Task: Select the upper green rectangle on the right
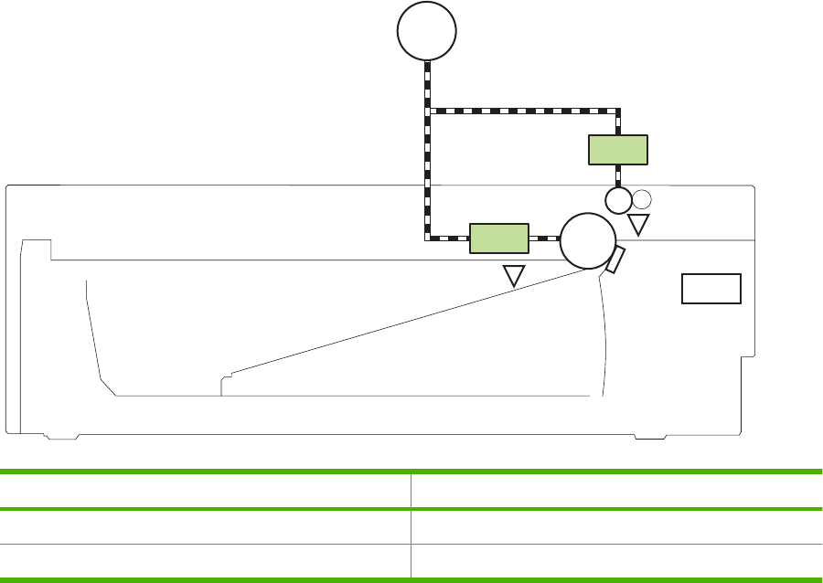[617, 149]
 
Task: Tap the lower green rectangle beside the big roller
[499, 238]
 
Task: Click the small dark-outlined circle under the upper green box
[619, 199]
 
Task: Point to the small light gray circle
[642, 198]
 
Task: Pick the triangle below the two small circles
[638, 224]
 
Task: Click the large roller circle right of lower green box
[587, 239]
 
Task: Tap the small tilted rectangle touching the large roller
[615, 260]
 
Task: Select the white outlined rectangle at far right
[711, 288]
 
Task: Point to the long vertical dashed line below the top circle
[428, 174]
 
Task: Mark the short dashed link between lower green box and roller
[544, 238]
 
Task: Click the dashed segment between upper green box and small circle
[619, 175]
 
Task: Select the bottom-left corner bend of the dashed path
[428, 238]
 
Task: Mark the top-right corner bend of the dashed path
[619, 111]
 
